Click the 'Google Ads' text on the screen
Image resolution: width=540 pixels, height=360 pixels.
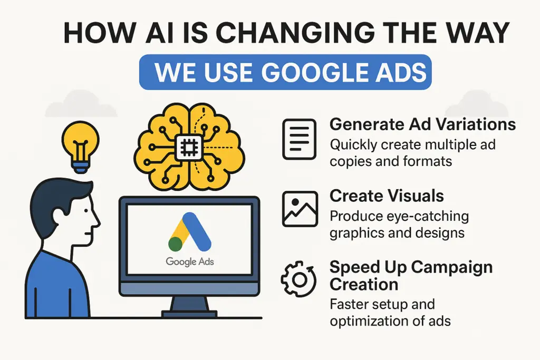click(x=190, y=261)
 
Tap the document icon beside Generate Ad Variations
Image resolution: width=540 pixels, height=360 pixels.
click(x=299, y=139)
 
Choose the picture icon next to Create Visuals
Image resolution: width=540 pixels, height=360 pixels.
click(x=299, y=209)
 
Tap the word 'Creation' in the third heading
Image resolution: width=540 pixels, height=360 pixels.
click(x=364, y=285)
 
